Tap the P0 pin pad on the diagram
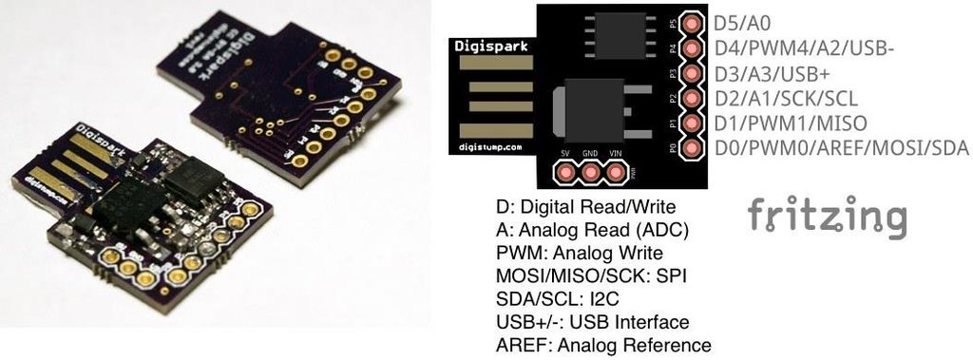coord(692,148)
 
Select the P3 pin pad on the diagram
coord(692,73)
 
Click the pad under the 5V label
coord(566,173)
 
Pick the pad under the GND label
coord(591,173)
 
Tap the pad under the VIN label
coord(616,173)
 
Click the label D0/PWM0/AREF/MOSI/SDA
coord(841,148)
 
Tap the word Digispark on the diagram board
coord(487,45)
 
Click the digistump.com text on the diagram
coord(488,145)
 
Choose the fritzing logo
coord(827,218)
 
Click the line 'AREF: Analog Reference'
coord(603,345)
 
